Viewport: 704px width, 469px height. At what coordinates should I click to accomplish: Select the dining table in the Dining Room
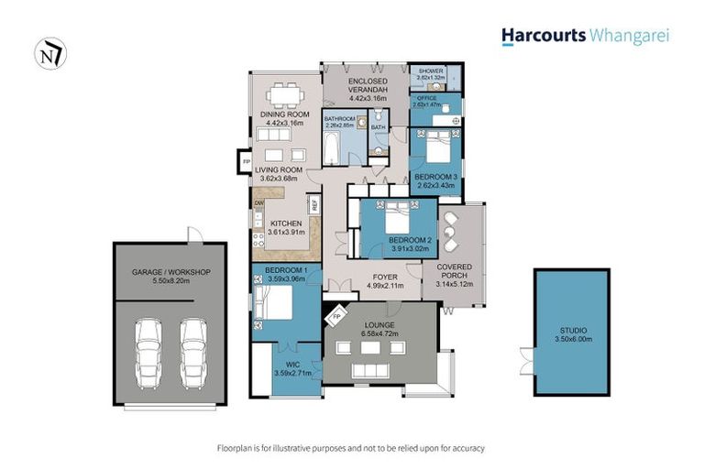click(283, 94)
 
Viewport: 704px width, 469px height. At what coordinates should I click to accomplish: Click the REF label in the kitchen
click(314, 206)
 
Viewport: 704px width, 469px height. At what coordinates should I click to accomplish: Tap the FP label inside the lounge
click(336, 317)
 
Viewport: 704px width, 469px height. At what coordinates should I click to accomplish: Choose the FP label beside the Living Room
click(246, 162)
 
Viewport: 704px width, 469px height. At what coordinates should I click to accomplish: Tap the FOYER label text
click(385, 275)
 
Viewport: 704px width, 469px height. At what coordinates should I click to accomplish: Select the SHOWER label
click(431, 71)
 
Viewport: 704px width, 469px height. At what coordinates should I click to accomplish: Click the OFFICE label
click(427, 98)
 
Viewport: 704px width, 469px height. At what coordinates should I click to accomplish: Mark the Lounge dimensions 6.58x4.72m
click(379, 335)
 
